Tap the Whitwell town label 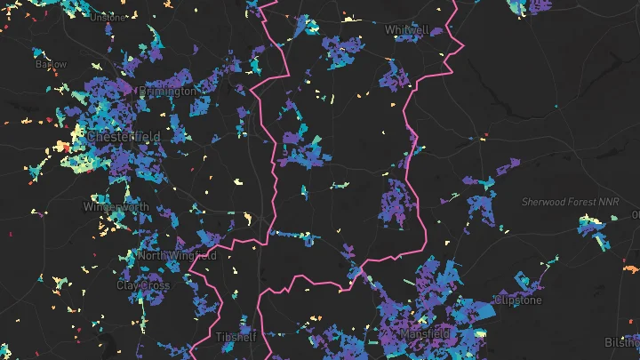point(407,29)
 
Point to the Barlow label point(51,64)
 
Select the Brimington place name point(167,91)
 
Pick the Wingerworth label point(116,206)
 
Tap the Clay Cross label point(143,285)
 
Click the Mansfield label point(424,334)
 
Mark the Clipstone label point(517,300)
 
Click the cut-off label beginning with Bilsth point(622,341)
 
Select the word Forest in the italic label point(581,202)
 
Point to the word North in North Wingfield point(152,256)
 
